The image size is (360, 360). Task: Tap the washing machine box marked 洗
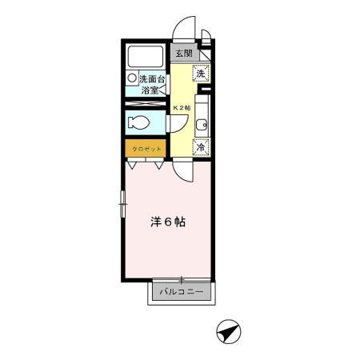point(202,72)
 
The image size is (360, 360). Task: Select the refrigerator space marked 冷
point(202,147)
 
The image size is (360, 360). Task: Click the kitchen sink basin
point(203,124)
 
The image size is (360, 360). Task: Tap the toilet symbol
point(138,124)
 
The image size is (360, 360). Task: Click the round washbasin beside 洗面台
point(132,79)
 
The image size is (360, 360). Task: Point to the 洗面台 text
point(152,79)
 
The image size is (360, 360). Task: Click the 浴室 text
point(150,90)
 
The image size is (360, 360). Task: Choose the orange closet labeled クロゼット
point(146,149)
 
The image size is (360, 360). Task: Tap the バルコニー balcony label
point(181,293)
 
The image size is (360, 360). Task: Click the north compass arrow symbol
point(228,330)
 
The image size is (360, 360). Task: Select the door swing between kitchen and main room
point(183,169)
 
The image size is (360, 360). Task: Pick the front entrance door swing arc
point(186,29)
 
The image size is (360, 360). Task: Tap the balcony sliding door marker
point(182,280)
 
